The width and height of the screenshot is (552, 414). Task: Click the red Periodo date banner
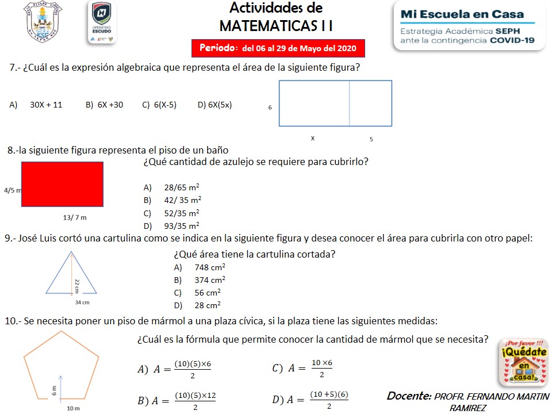[x=278, y=47]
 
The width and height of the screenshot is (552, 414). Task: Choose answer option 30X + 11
[x=46, y=105]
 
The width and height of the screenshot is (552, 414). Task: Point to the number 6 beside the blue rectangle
[x=270, y=108]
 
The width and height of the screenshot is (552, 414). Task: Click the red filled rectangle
[x=62, y=184]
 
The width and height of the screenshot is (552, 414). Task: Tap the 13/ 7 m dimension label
[x=75, y=218]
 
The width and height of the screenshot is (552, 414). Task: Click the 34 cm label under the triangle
[x=82, y=302]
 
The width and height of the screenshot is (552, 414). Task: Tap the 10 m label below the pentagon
[x=72, y=408]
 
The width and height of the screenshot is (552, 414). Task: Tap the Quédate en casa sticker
[x=523, y=362]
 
